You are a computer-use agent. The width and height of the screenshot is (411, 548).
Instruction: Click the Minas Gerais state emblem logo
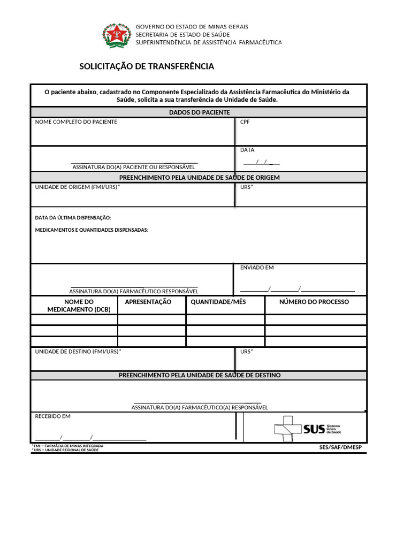(x=116, y=35)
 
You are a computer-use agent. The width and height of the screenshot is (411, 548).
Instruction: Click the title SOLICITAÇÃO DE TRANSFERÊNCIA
(x=147, y=66)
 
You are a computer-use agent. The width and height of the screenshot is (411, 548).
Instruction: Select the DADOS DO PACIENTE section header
(x=199, y=112)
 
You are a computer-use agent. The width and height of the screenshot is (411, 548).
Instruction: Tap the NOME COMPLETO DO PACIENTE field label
(x=76, y=122)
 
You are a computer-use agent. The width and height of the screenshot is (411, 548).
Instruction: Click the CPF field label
(x=245, y=122)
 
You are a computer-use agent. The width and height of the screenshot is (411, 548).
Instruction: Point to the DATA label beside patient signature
(x=247, y=150)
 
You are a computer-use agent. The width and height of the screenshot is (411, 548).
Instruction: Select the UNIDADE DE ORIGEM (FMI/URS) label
(x=78, y=187)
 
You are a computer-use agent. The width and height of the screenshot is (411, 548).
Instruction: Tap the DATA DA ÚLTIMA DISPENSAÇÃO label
(x=73, y=218)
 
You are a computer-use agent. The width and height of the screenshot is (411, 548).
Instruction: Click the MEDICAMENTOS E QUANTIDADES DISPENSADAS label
(x=92, y=230)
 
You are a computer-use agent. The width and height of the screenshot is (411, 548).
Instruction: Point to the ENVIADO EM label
(x=257, y=268)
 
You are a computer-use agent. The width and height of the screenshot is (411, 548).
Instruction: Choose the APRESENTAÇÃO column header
(x=148, y=302)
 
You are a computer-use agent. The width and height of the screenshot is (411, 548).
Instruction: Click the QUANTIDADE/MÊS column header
(x=218, y=302)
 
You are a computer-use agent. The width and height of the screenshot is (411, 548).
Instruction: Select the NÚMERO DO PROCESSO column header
(x=314, y=302)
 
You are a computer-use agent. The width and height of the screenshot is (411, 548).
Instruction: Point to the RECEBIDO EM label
(x=52, y=416)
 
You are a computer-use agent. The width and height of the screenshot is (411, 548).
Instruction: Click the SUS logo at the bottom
(x=307, y=429)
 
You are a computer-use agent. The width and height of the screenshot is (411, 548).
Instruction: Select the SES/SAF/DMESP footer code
(x=340, y=447)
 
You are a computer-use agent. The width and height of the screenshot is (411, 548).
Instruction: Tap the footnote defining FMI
(x=67, y=446)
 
